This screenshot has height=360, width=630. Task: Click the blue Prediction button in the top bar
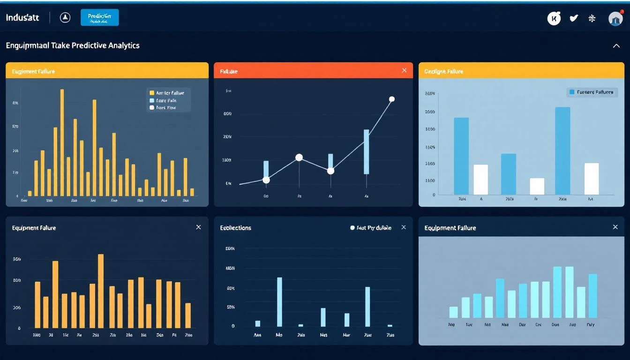(x=99, y=18)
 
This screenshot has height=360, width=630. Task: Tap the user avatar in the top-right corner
(x=615, y=18)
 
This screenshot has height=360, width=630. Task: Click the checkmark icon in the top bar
(x=573, y=18)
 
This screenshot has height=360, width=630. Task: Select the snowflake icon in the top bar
(x=592, y=18)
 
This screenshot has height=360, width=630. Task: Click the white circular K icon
(x=554, y=18)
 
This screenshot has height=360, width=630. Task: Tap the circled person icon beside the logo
(x=65, y=18)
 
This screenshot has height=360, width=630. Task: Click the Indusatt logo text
(x=22, y=18)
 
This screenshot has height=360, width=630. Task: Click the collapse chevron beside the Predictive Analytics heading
(x=616, y=45)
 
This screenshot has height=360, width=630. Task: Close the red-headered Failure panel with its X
(x=404, y=70)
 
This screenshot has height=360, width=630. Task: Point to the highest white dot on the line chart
(x=392, y=99)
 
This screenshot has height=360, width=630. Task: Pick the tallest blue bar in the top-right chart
(x=562, y=150)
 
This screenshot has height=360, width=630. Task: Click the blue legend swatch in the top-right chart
(x=571, y=92)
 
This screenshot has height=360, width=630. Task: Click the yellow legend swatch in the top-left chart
(x=151, y=93)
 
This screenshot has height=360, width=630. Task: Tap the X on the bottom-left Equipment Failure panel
(x=198, y=227)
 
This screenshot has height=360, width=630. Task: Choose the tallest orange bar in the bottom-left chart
(x=101, y=291)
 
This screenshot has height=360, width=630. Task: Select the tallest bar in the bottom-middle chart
(x=279, y=301)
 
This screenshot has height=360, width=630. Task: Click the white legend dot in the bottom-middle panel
(x=352, y=228)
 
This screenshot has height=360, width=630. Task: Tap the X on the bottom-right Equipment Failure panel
(x=615, y=227)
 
